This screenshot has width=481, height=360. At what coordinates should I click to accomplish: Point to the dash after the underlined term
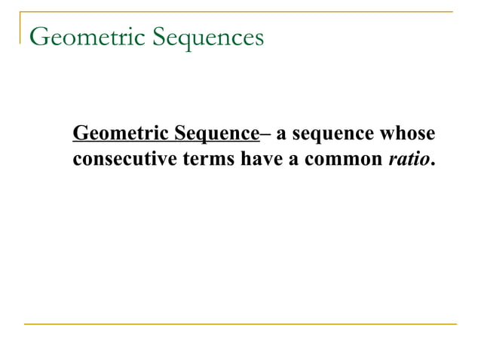[264, 134]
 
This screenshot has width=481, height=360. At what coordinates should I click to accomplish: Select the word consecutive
[124, 160]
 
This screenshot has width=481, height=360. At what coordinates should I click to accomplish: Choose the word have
[260, 160]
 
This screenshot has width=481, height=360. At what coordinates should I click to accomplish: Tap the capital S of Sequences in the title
[160, 35]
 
